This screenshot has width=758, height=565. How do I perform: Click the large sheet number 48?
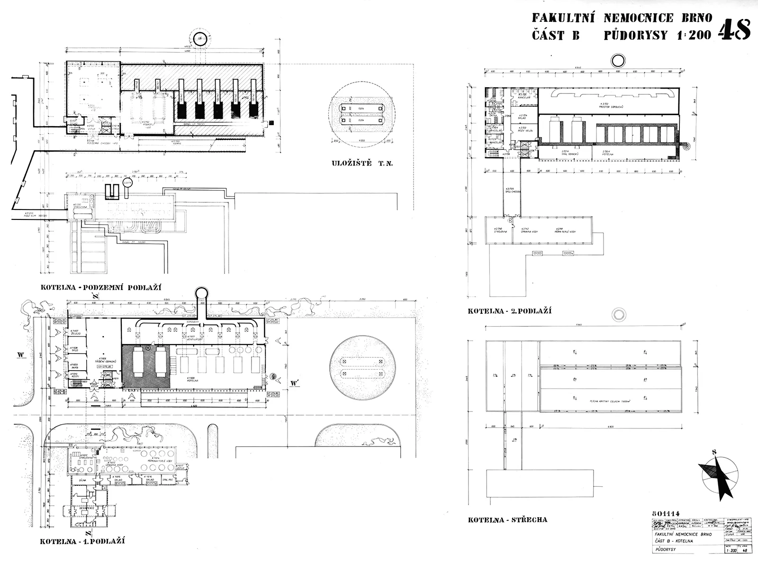click(x=734, y=30)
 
